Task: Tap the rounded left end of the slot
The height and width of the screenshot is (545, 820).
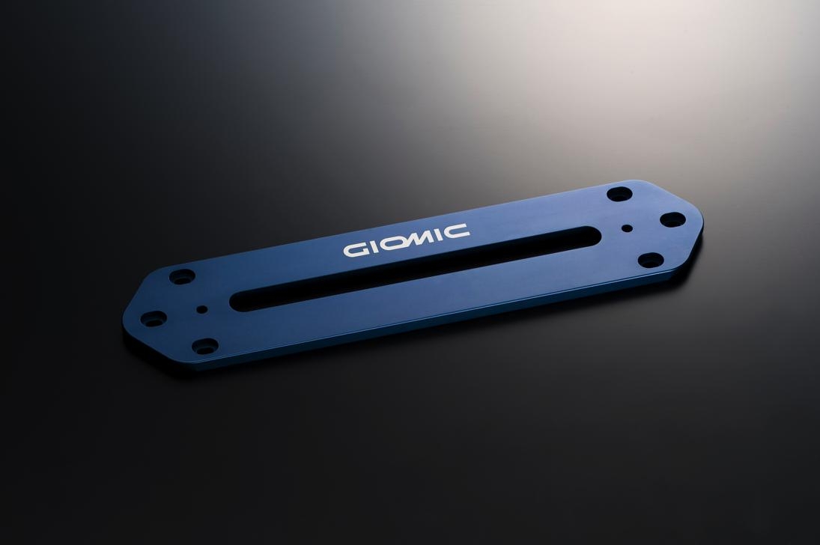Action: coord(237,302)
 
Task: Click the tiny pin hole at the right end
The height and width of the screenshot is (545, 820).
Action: coord(627,228)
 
